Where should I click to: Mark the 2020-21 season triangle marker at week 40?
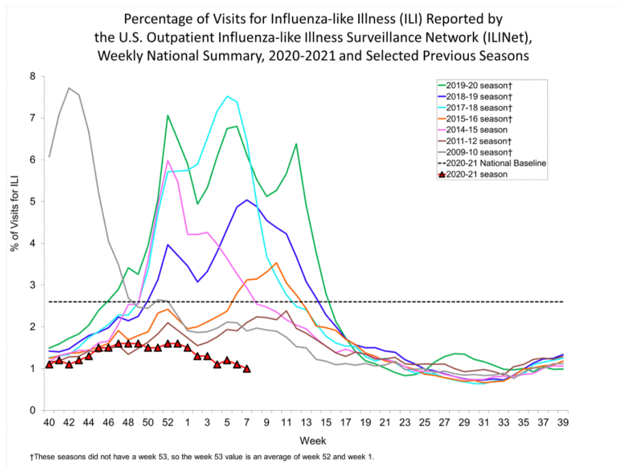(49, 364)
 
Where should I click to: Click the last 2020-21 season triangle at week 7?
(246, 368)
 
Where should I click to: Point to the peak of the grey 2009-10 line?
(69, 88)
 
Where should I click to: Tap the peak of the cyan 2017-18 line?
(227, 96)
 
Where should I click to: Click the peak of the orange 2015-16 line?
(276, 263)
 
